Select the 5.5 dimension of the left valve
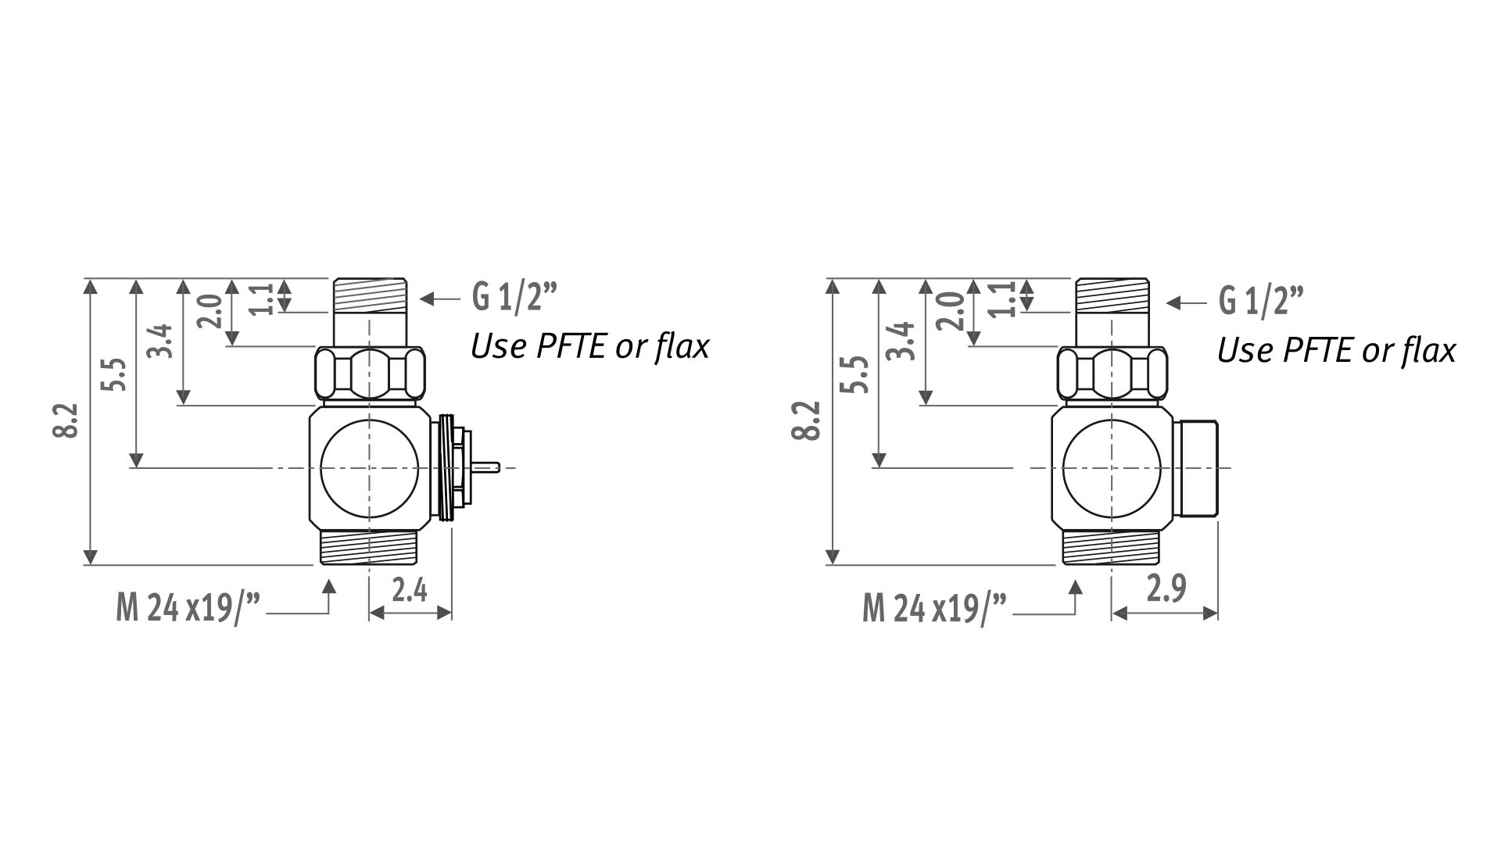pos(113,375)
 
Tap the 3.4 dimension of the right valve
pos(902,340)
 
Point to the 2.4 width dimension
pos(410,591)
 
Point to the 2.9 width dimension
pos(1166,588)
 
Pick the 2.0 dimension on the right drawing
pos(950,311)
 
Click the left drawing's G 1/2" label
pos(515,297)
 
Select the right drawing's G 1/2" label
pos(1261,302)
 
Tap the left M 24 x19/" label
pos(188,607)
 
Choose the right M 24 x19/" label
pos(934,607)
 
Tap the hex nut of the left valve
pos(370,374)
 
